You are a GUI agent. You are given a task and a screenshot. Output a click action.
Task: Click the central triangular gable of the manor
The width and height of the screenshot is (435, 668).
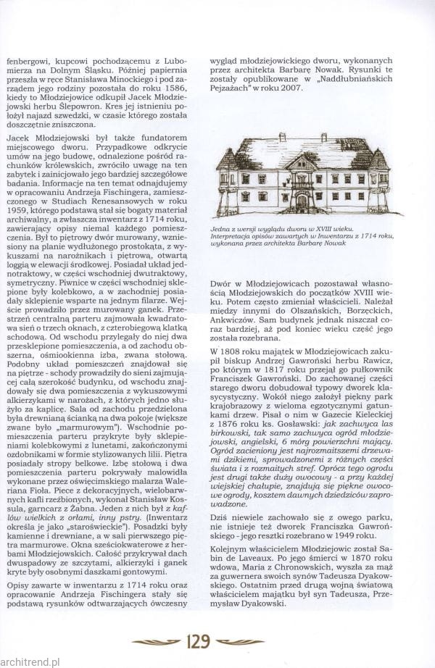[x=302, y=162]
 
